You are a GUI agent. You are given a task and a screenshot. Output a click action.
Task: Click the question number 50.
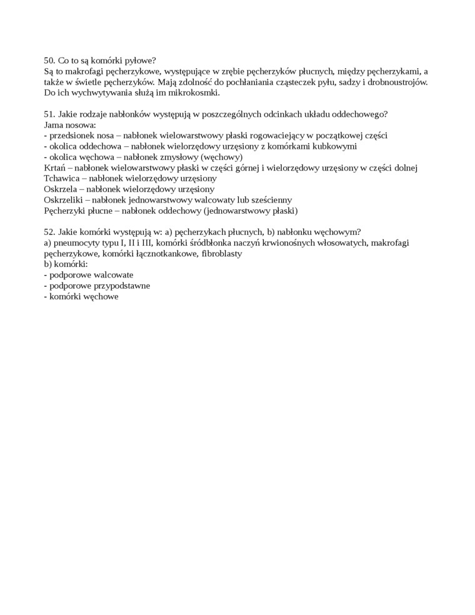click(x=49, y=61)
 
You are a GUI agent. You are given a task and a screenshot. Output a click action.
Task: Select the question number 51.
click(x=49, y=114)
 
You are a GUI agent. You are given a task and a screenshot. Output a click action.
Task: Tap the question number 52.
click(x=49, y=231)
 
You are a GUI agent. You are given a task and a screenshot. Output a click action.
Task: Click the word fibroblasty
click(x=217, y=253)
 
